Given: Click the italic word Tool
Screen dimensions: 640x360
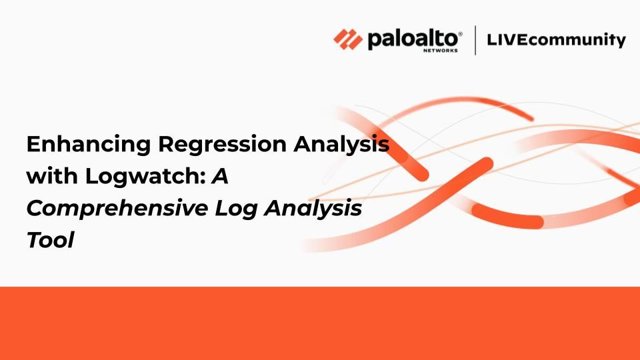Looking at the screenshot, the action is [x=50, y=239].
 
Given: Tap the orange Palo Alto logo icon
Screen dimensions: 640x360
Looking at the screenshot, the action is [x=348, y=39].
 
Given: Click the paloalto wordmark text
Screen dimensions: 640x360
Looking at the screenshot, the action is [x=413, y=39].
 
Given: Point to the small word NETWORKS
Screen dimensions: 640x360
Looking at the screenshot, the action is [x=440, y=51].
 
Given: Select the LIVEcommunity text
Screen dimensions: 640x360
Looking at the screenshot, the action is [x=556, y=40].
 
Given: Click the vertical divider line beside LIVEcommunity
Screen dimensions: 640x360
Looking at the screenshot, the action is [x=475, y=40].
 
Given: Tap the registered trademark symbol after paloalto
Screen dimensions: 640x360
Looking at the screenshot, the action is [x=461, y=33].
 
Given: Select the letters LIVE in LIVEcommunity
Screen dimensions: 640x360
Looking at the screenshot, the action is [x=509, y=39].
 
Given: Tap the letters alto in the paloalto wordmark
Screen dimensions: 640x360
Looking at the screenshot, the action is [x=436, y=39].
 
